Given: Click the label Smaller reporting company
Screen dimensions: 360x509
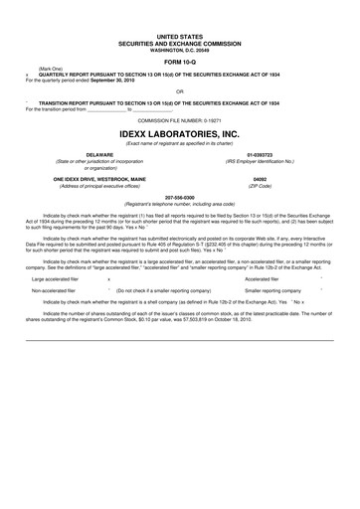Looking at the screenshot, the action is point(272,292).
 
